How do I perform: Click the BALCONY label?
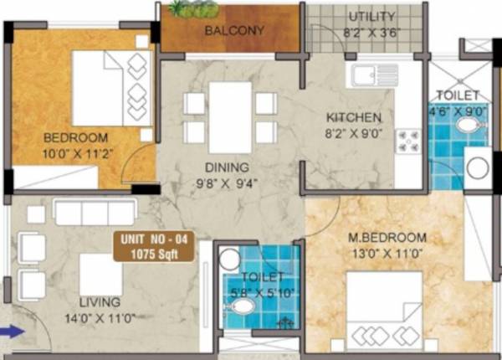click(x=234, y=31)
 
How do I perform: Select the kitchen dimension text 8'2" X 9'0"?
click(x=354, y=131)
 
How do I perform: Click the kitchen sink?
click(x=366, y=76)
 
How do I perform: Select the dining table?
click(x=230, y=117)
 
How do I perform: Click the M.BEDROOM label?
click(x=387, y=237)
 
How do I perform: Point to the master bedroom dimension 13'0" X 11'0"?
click(x=387, y=251)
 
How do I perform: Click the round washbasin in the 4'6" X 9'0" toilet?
click(x=468, y=126)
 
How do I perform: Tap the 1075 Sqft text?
click(x=157, y=252)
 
